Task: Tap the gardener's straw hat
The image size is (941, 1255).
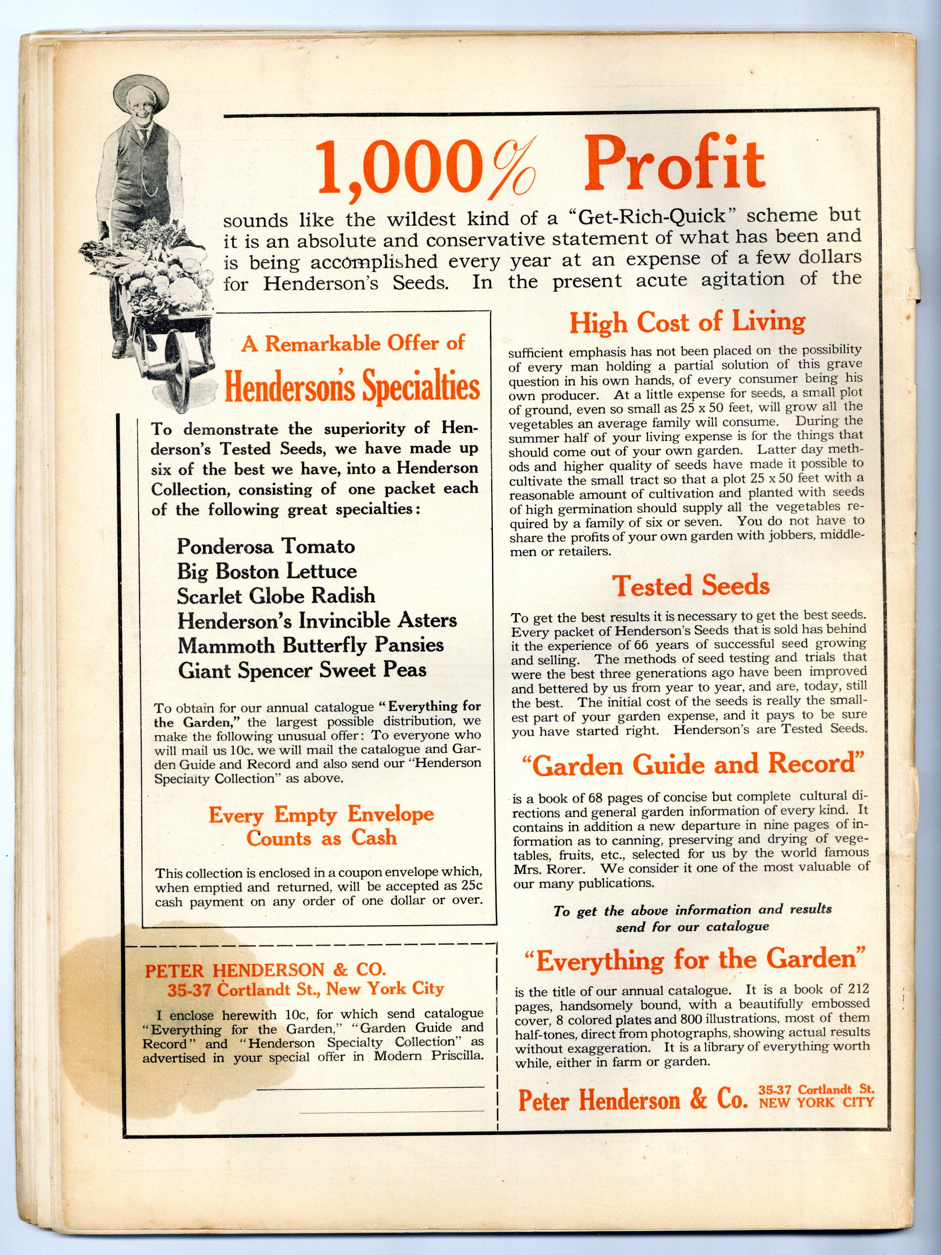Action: click(141, 91)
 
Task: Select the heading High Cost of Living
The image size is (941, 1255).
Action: click(687, 322)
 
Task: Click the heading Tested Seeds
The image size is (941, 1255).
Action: click(690, 585)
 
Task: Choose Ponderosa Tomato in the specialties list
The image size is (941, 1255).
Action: click(266, 546)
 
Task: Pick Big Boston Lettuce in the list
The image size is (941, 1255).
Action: click(266, 571)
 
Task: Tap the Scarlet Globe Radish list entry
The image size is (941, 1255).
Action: click(276, 596)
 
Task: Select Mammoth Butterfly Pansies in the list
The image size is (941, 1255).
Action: click(310, 646)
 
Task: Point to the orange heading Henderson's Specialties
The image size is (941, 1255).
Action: click(352, 386)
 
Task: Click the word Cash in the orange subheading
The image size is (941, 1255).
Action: click(374, 838)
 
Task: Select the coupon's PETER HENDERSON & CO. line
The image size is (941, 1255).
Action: click(265, 970)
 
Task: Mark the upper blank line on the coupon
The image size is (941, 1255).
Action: click(371, 1088)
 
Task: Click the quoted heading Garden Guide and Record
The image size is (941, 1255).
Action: click(693, 765)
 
